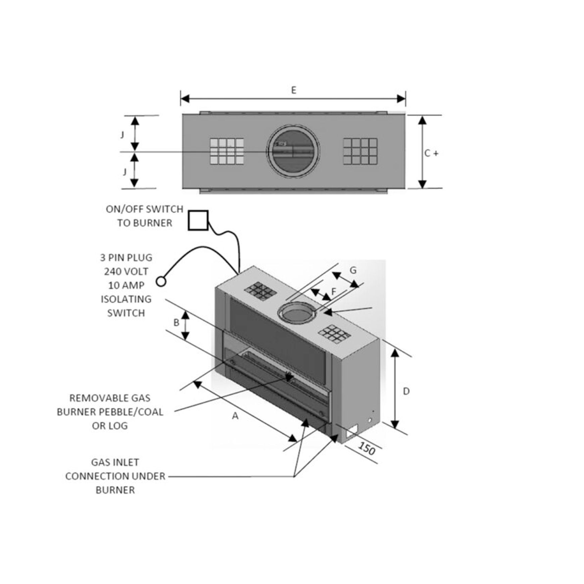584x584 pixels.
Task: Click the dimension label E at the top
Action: point(293,90)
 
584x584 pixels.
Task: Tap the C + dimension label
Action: point(431,153)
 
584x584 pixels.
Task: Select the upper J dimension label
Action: point(123,135)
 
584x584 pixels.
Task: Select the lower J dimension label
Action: point(125,172)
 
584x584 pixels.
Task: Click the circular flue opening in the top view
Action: point(293,151)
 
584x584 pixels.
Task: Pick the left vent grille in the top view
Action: point(227,151)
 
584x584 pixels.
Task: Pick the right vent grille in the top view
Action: point(360,151)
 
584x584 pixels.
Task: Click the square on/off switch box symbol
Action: point(198,220)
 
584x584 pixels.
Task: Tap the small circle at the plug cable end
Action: point(161,281)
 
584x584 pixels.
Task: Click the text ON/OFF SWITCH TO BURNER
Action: point(144,216)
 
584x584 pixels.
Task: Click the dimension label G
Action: point(353,270)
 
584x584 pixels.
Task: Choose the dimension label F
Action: point(334,291)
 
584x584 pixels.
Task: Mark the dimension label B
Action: point(176,323)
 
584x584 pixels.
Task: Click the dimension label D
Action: point(406,391)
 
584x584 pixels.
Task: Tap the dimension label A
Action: point(235,416)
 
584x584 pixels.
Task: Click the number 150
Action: point(367,449)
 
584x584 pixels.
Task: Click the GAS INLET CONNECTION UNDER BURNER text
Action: point(115,476)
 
